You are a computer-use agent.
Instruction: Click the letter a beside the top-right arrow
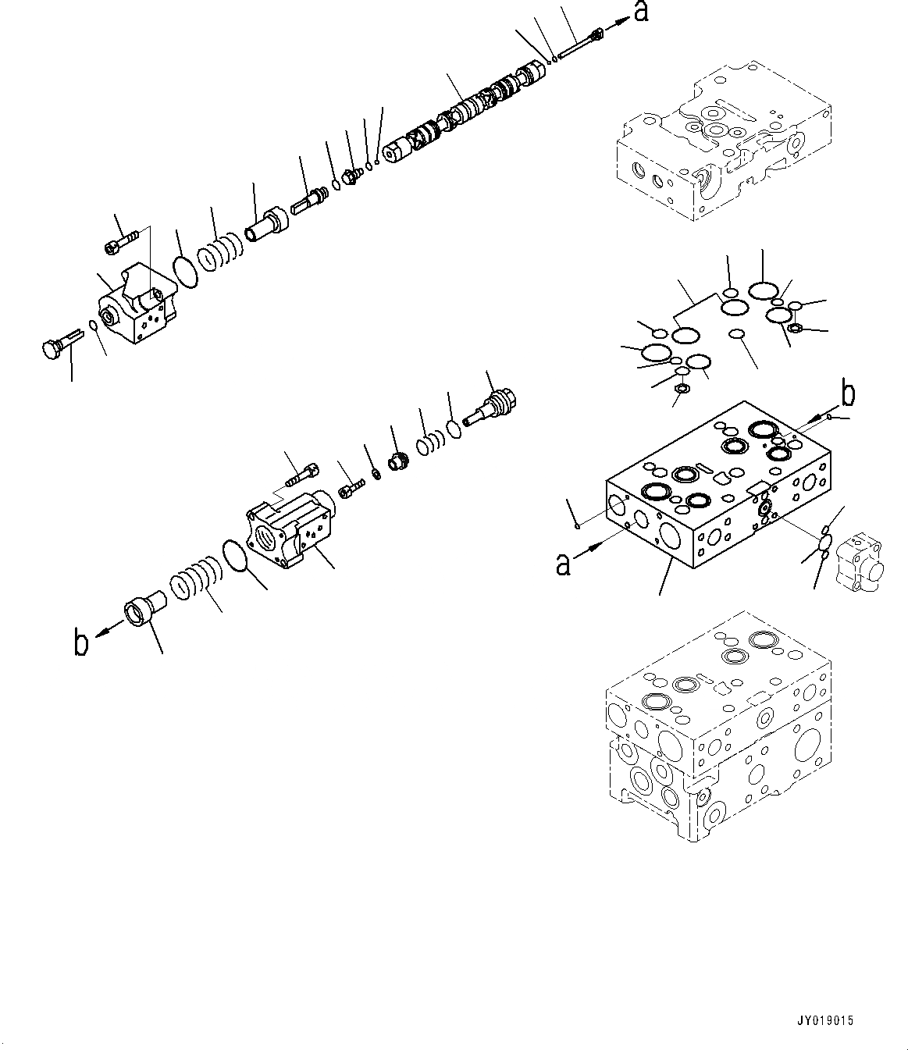click(640, 13)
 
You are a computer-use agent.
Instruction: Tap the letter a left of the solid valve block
click(562, 563)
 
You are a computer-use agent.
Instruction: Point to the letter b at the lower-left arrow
click(80, 642)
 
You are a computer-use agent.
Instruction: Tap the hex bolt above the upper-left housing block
click(120, 237)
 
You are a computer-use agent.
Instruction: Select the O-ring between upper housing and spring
click(185, 272)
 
